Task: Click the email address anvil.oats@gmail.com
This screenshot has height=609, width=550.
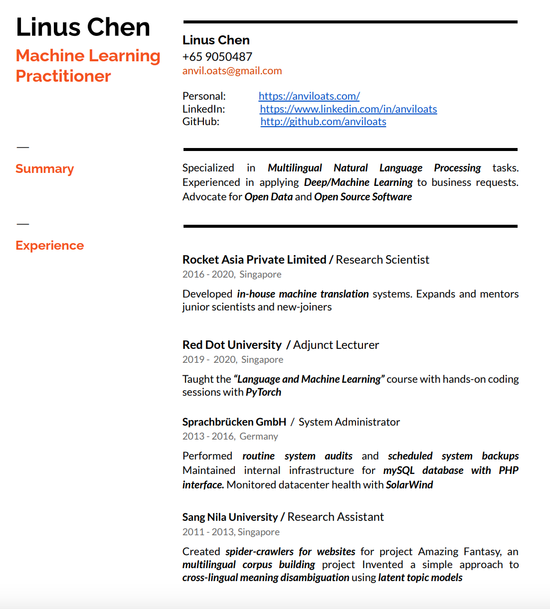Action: click(x=232, y=71)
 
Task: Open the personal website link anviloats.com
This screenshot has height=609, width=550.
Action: click(x=309, y=96)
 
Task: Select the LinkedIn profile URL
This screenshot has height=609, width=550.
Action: click(x=348, y=109)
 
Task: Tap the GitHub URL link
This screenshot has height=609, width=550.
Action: click(x=323, y=122)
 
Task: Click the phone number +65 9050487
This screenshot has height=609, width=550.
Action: click(x=217, y=57)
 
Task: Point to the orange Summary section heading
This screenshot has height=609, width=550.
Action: click(x=44, y=169)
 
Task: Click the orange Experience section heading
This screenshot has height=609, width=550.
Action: click(x=49, y=246)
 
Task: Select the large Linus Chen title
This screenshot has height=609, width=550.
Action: click(x=83, y=27)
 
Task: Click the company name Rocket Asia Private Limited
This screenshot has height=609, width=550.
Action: click(x=254, y=260)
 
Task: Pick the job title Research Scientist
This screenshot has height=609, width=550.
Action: click(x=382, y=260)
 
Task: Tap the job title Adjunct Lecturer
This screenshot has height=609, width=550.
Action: click(x=336, y=345)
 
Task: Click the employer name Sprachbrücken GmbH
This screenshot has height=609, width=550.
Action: click(x=234, y=422)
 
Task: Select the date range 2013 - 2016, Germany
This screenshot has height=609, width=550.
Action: click(x=230, y=437)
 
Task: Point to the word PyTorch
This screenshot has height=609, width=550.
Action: click(x=263, y=392)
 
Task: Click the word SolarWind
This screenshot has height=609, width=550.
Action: click(x=409, y=485)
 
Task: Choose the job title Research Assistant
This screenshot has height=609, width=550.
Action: click(x=336, y=517)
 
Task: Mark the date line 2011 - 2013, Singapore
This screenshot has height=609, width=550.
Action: click(x=231, y=532)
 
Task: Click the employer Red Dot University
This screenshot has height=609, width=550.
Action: click(x=232, y=345)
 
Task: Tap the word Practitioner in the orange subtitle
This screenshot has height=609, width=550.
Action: click(x=63, y=76)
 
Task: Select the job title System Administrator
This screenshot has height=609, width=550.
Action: click(x=349, y=422)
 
